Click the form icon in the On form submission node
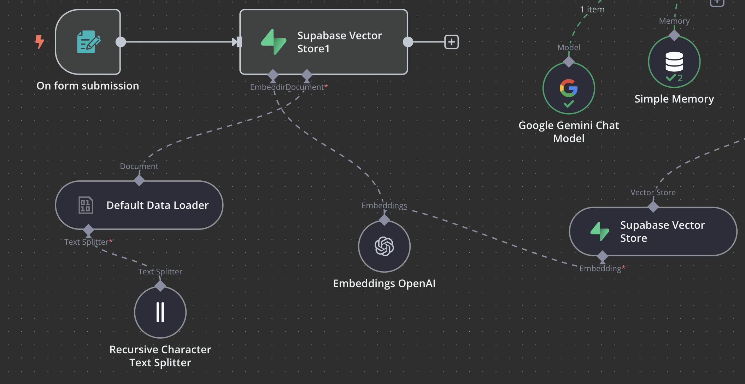(88, 42)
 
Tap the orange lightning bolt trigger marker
(40, 41)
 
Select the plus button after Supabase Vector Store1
(451, 42)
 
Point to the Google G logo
(569, 88)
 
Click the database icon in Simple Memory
(674, 62)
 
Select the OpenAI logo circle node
(384, 246)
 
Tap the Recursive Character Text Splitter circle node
(160, 312)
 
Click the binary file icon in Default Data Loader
(86, 205)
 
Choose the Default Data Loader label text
(157, 205)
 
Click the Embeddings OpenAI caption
(384, 283)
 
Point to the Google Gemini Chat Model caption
(569, 132)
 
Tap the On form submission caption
(88, 86)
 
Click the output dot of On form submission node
(121, 42)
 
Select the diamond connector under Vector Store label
(653, 207)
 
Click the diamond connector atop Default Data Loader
(139, 180)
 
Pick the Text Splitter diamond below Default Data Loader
(88, 230)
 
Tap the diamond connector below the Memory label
(674, 35)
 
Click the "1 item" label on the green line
(592, 10)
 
